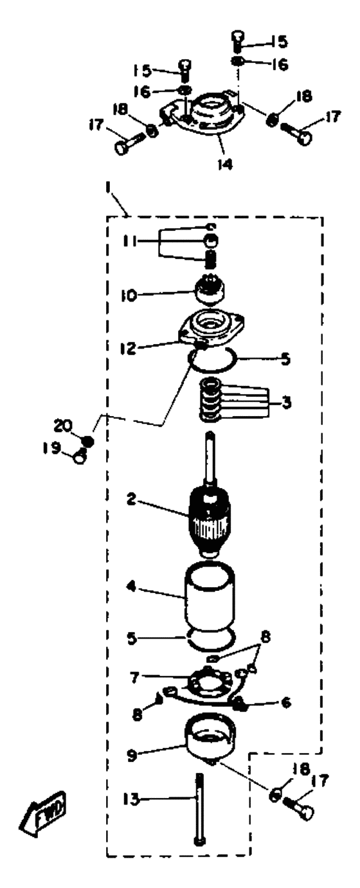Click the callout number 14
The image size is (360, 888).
[x=225, y=164]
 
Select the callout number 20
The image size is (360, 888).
[x=64, y=426]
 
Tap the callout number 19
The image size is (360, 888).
[x=52, y=448]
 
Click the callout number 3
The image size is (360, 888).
[x=286, y=403]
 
